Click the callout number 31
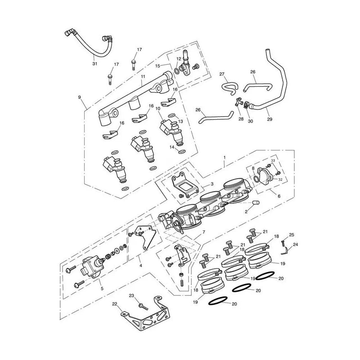coord(95,63)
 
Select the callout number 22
coord(115,304)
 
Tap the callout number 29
coord(270,119)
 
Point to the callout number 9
coord(80,97)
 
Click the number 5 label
coord(102,288)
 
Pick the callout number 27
coord(222,74)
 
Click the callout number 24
coord(295,245)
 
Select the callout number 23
coord(131,296)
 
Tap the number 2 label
coord(246,212)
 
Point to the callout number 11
coord(143,76)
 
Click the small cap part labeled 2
coord(256,203)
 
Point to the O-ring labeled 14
coord(182,152)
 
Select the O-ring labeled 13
coord(172,115)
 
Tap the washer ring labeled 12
coord(177,71)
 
